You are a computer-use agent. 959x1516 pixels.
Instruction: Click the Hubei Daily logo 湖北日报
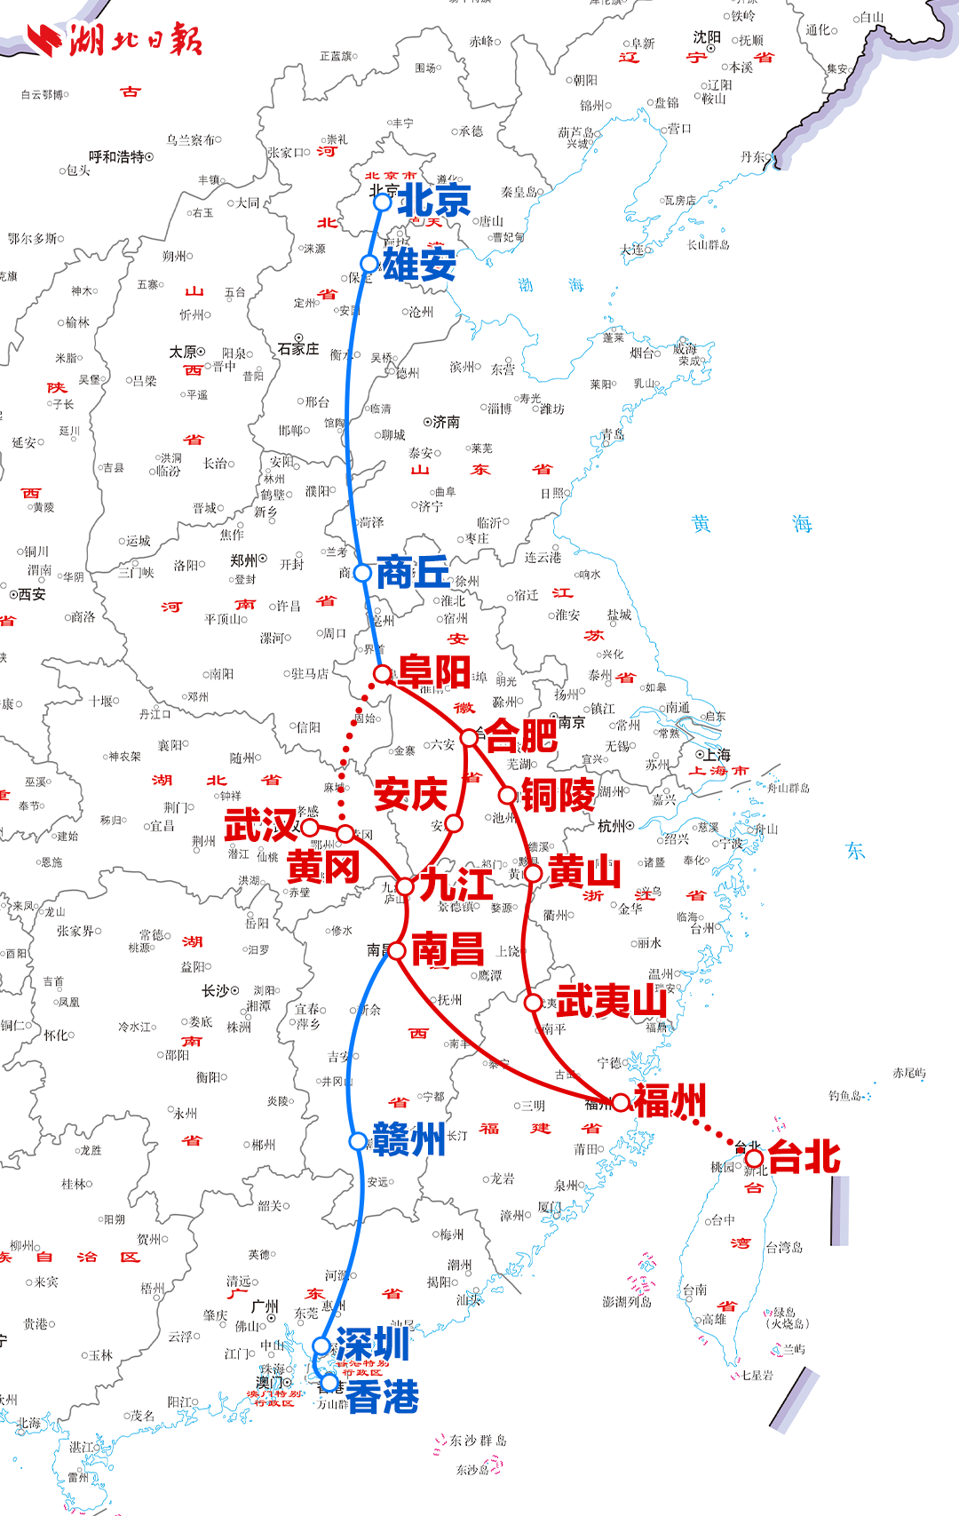[115, 40]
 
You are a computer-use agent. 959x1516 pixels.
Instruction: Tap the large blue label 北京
[433, 200]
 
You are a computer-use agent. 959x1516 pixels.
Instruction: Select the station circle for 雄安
[369, 264]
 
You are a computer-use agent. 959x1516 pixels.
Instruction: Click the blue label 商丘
[413, 572]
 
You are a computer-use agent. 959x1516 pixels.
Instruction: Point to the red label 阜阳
[434, 671]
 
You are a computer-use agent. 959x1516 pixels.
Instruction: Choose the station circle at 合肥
[469, 737]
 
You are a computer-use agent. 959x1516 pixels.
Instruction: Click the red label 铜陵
[558, 795]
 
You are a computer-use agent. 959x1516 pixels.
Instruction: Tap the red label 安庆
[410, 794]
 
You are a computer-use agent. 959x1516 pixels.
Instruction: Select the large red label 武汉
[260, 825]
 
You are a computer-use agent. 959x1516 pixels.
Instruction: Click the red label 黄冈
[323, 866]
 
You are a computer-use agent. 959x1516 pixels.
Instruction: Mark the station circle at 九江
[405, 886]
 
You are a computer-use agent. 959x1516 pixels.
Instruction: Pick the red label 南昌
[448, 949]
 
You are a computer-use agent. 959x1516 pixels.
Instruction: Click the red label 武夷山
[611, 1001]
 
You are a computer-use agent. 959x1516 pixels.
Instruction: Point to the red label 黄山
[584, 872]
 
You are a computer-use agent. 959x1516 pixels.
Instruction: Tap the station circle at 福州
[621, 1102]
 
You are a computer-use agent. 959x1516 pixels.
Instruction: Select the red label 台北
[804, 1157]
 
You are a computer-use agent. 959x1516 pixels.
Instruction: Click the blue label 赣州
[408, 1139]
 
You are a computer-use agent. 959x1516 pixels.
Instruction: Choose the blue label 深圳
[372, 1344]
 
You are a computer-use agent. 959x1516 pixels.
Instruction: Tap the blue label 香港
[382, 1397]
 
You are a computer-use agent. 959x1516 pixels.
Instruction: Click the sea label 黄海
[751, 524]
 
